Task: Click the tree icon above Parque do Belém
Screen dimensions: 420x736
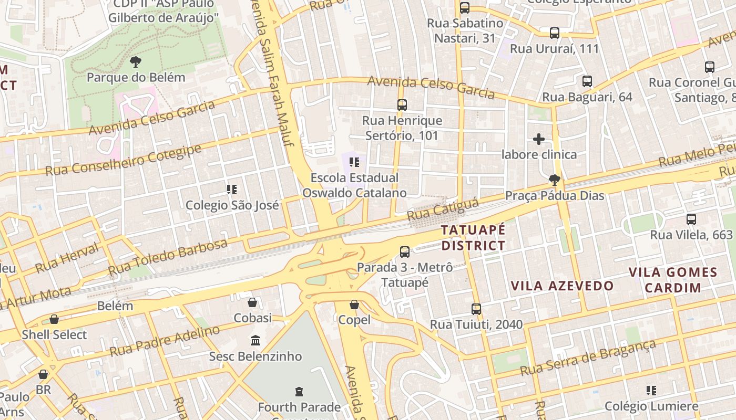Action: coord(136,62)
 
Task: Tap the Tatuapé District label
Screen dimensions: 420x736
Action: coord(473,238)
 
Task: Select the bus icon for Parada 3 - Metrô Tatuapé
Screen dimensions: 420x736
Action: coord(405,252)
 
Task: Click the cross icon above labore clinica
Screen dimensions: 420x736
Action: coord(539,139)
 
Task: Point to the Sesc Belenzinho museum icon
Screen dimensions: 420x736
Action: coord(255,341)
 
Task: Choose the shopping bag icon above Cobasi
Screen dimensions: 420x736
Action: coord(252,302)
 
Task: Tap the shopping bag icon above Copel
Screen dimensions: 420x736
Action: coord(354,304)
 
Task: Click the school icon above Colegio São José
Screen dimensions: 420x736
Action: coord(231,189)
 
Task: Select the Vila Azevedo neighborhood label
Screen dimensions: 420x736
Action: coord(563,286)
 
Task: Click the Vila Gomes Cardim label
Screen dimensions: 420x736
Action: coord(673,280)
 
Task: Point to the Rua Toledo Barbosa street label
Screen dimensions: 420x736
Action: coord(168,257)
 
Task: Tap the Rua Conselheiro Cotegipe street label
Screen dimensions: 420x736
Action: coord(123,160)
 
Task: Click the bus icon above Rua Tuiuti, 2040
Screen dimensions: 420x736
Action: coord(476,309)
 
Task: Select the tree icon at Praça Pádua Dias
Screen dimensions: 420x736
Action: coord(554,180)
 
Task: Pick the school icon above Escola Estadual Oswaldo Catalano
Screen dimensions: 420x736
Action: coord(354,162)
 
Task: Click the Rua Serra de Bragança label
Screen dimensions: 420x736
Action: coord(588,357)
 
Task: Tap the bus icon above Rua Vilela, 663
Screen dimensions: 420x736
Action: coord(691,219)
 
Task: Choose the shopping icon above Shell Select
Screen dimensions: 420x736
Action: coord(54,319)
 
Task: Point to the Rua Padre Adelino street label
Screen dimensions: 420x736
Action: coord(165,341)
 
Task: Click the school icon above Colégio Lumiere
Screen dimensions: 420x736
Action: coord(651,391)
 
